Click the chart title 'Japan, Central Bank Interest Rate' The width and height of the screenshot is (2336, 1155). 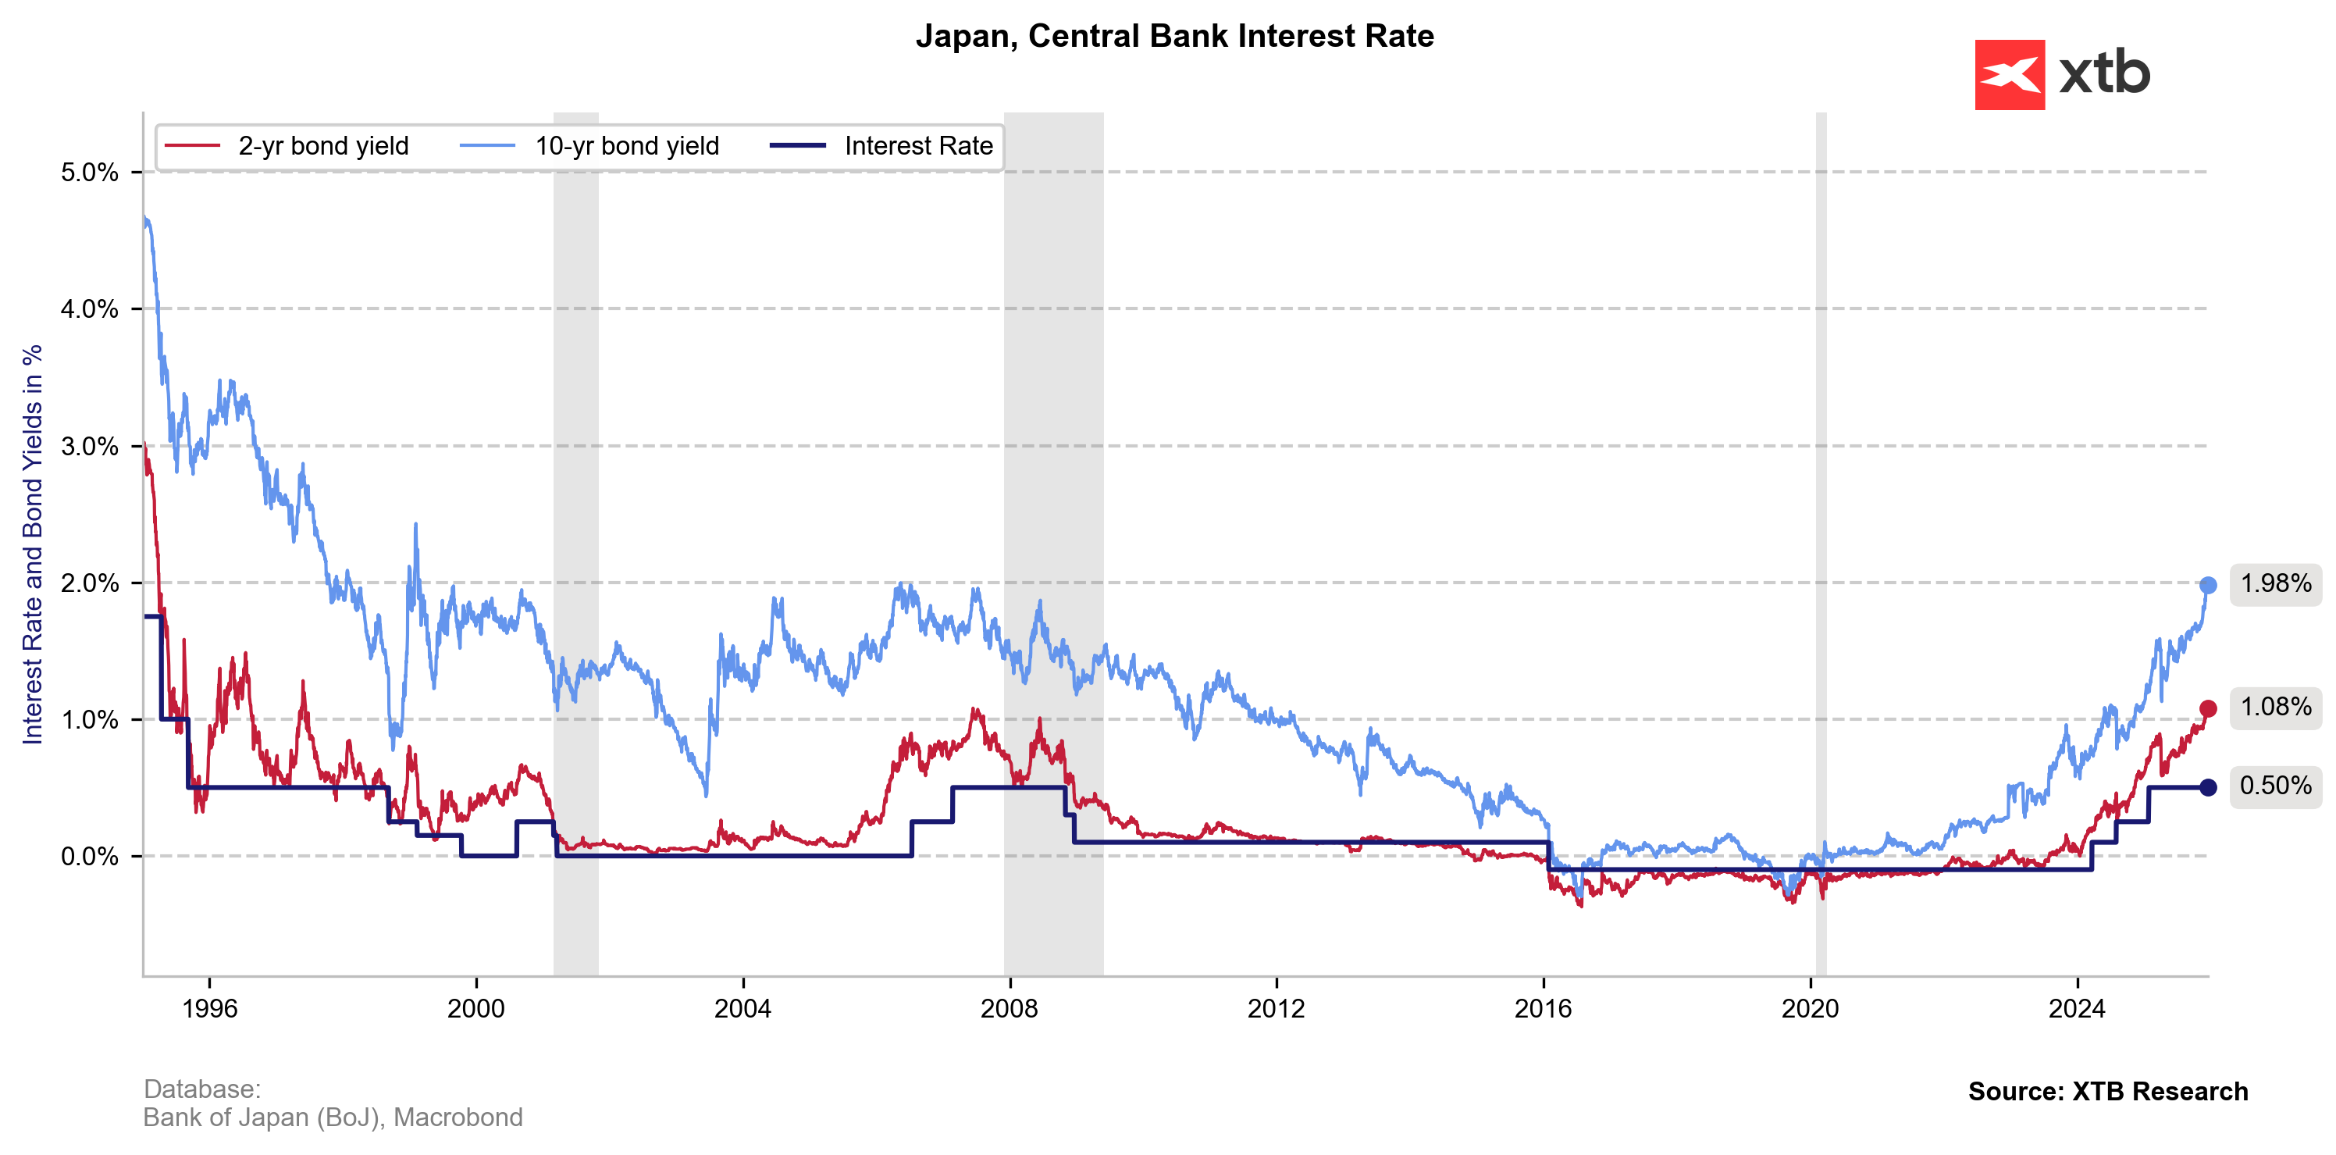coord(1174,36)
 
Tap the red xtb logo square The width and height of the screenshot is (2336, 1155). coord(2010,74)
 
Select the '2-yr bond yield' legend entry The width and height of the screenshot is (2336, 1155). coord(322,146)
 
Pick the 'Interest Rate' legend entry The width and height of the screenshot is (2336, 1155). coord(917,146)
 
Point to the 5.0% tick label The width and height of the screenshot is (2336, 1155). coord(89,173)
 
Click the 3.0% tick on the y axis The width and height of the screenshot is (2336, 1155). coord(89,447)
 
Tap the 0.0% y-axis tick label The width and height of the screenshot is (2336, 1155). coord(89,857)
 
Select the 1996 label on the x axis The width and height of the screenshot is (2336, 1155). coord(209,1009)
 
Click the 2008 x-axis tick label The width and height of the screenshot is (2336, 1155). coord(1010,1009)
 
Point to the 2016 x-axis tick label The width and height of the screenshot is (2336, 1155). coord(1544,1009)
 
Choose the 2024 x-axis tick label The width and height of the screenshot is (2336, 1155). coord(2077,1009)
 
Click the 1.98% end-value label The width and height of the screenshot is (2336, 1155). coord(2275,583)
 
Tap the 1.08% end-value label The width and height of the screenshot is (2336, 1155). coord(2275,707)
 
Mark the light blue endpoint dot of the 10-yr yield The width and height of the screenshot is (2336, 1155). coord(2208,585)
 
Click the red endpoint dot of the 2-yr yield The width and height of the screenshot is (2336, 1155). coord(2208,708)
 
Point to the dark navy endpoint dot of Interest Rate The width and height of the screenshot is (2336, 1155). coord(2208,787)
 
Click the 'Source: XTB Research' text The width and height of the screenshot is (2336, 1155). coord(2107,1092)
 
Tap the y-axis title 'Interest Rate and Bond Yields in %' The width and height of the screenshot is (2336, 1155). coord(33,544)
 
